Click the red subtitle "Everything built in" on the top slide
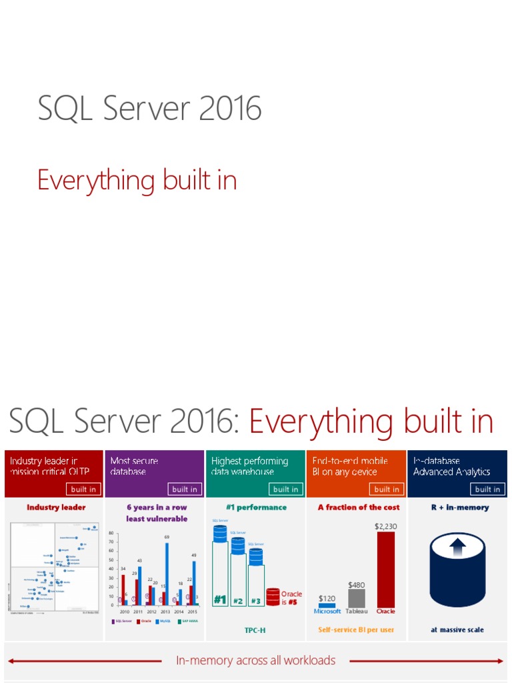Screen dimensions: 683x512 pos(137,181)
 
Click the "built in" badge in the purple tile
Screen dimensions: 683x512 pos(185,489)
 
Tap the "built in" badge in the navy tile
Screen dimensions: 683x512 pos(487,489)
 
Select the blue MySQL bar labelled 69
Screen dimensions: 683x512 pos(167,574)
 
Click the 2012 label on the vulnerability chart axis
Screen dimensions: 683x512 pos(152,611)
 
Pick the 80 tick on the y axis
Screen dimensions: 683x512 pos(112,533)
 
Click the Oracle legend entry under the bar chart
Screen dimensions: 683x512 pos(145,621)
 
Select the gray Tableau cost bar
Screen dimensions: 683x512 pos(357,598)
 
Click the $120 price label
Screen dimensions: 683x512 pos(327,598)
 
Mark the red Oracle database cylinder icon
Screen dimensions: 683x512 pos(273,596)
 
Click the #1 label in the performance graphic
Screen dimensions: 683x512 pos(220,600)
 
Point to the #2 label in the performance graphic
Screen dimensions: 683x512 pos(238,600)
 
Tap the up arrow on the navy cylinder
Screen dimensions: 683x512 pos(457,548)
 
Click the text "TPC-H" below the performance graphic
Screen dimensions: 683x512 pos(255,630)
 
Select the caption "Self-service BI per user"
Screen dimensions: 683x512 pos(356,630)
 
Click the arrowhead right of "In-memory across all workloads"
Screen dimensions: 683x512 pos(501,661)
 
